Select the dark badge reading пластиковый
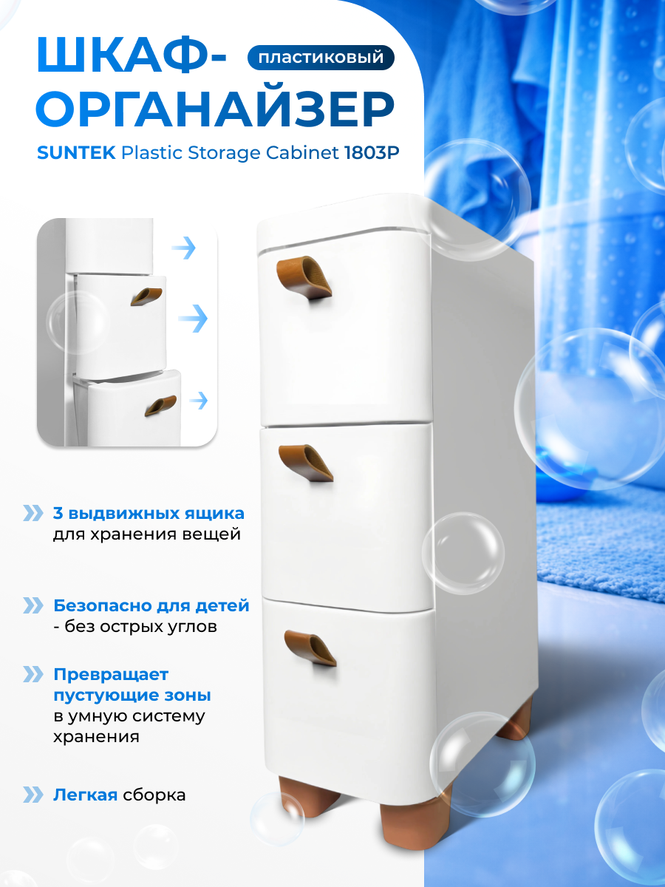321,57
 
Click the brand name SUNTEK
75,153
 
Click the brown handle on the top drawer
304,277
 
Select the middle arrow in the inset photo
193,319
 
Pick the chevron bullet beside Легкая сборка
33,795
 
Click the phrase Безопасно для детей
151,606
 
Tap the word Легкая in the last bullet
85,795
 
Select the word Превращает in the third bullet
111,674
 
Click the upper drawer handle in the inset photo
147,296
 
